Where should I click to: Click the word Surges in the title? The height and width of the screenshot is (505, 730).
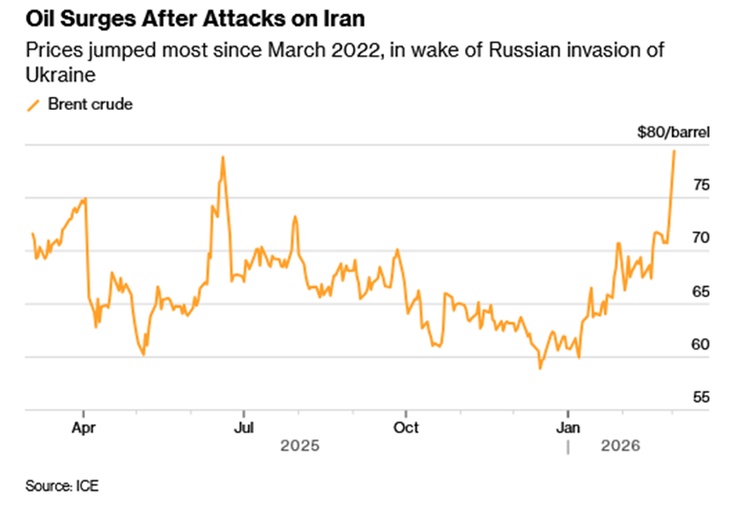pyautogui.click(x=96, y=19)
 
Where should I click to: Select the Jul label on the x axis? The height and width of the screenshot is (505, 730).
pyautogui.click(x=243, y=425)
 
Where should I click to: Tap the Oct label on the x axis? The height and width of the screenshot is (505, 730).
pyautogui.click(x=405, y=425)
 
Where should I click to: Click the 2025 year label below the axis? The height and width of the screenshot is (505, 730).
pyautogui.click(x=299, y=445)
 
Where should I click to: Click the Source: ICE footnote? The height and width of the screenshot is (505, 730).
pyautogui.click(x=62, y=486)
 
